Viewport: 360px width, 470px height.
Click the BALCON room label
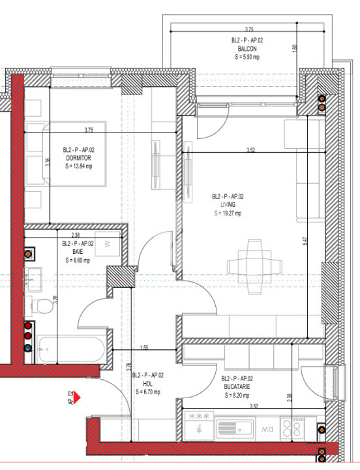(x=247, y=48)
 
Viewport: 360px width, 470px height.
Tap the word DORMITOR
(x=77, y=157)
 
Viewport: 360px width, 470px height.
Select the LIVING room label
(x=228, y=205)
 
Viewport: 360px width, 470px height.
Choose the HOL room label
(x=147, y=384)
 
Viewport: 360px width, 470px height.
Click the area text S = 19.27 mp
(x=228, y=213)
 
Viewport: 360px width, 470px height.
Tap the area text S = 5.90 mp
(x=247, y=57)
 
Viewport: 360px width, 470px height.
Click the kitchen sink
(x=235, y=428)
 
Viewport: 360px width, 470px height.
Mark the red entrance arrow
(x=76, y=396)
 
